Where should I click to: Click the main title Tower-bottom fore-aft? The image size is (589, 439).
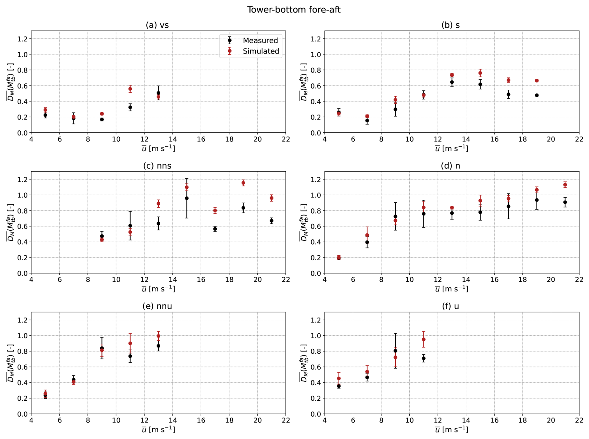click(294, 10)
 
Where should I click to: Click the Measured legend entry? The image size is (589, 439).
click(260, 40)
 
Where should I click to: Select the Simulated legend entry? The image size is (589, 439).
click(261, 51)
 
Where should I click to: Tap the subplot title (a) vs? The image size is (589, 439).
click(157, 25)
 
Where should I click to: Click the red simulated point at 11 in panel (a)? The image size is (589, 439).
click(130, 89)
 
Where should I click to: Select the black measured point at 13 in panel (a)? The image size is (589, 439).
click(158, 93)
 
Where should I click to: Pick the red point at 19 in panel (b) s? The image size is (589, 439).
click(537, 81)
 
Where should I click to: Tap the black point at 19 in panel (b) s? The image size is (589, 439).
click(537, 95)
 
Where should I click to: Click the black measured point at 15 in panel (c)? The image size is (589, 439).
click(187, 198)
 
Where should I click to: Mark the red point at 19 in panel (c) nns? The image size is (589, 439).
click(243, 183)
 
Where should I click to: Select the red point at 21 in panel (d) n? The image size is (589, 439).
click(565, 185)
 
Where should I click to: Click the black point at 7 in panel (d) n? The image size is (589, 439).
click(367, 242)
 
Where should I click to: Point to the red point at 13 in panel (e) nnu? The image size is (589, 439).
click(158, 336)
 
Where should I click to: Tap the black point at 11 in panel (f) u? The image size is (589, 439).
click(424, 358)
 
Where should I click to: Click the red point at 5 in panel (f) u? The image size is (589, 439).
click(339, 379)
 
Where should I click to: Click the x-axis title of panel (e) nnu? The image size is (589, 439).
click(158, 430)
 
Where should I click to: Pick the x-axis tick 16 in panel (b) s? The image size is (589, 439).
click(494, 139)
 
